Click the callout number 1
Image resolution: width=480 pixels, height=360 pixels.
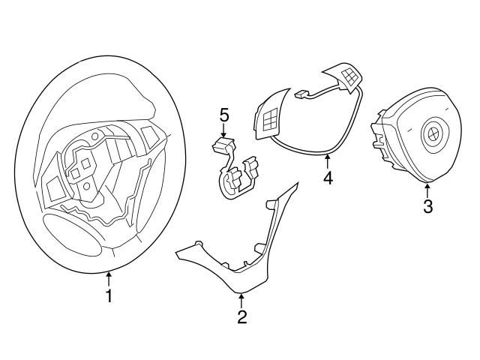click(109, 296)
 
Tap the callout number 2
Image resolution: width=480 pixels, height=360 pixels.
click(241, 317)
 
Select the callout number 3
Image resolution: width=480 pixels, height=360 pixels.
click(427, 206)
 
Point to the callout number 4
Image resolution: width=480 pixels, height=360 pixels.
click(327, 178)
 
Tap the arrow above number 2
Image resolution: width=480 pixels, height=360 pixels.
click(241, 299)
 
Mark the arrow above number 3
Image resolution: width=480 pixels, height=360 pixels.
click(427, 188)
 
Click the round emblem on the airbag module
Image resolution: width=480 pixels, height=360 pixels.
click(433, 135)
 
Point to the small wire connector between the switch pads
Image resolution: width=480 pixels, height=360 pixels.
click(301, 94)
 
